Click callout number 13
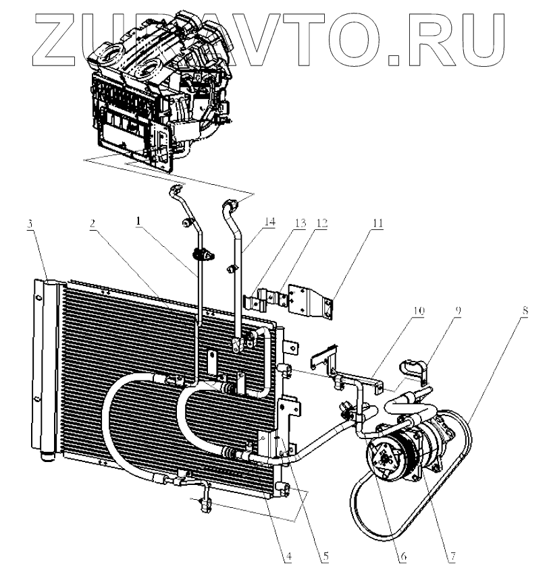[x=299, y=223]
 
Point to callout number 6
[x=402, y=557]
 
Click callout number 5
[x=325, y=557]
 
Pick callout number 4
[x=287, y=557]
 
